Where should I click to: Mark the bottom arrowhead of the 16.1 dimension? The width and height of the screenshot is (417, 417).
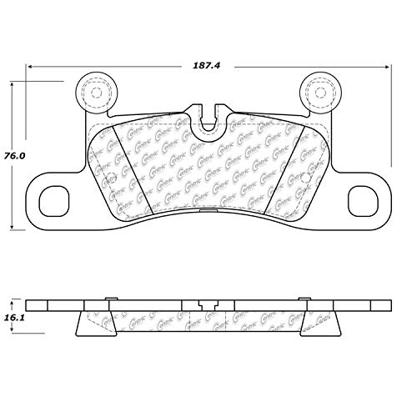point(12,334)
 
